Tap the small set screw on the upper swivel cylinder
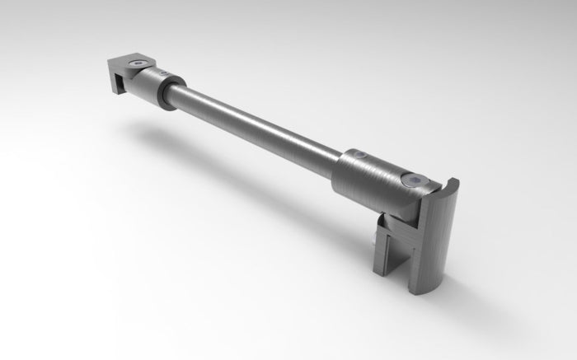(x=163, y=75)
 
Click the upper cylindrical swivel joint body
(x=157, y=83)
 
